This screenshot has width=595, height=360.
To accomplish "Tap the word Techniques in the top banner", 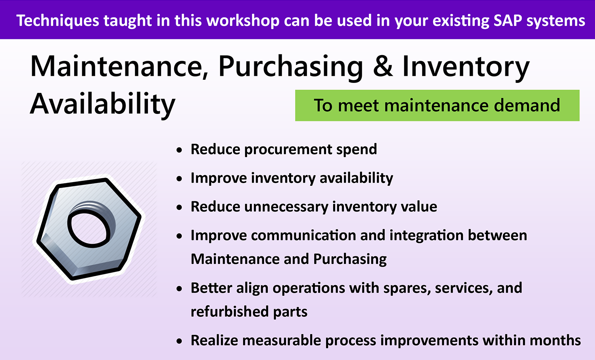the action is [x=58, y=21].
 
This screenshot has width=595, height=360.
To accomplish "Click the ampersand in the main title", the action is [x=383, y=66].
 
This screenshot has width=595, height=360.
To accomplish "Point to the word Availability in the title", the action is [x=102, y=104].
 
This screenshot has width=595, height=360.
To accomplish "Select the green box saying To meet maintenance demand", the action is [x=437, y=105].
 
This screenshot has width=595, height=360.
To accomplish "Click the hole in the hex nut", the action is [x=90, y=228].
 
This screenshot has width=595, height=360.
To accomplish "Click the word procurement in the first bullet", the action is [x=288, y=150].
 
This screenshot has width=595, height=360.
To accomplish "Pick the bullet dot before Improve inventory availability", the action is [x=179, y=179].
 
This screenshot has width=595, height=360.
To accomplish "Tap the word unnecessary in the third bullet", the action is [x=286, y=207].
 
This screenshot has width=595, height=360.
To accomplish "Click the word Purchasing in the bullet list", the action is [x=350, y=260].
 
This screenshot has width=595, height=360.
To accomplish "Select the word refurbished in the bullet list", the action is [x=230, y=311].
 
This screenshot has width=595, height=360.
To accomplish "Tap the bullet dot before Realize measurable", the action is [x=179, y=341].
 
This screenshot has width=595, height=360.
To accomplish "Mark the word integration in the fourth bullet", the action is [x=426, y=236].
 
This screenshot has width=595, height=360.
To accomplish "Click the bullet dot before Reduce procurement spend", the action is [x=179, y=150].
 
